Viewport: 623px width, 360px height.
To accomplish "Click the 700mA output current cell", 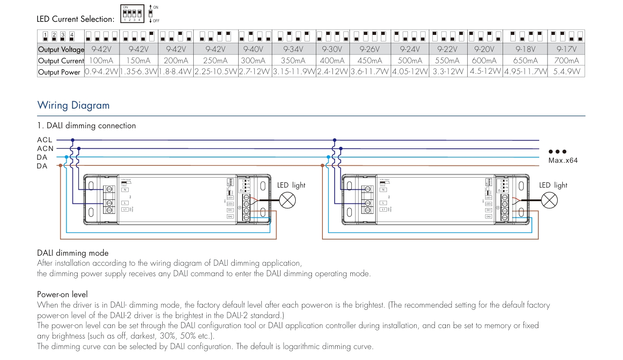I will click(566, 61).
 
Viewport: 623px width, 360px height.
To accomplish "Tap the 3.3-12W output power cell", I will click(448, 72).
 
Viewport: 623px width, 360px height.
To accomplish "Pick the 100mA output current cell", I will click(101, 61).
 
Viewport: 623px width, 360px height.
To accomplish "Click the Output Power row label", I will click(60, 72).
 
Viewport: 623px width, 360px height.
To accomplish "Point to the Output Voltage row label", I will click(61, 49).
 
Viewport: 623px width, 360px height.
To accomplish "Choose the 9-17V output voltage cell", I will click(566, 49).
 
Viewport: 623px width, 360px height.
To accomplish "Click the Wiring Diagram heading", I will click(73, 105).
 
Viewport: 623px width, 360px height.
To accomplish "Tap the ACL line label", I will click(45, 140).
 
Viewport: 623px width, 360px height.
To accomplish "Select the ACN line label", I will click(45, 149).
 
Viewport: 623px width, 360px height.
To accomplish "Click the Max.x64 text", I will click(563, 161).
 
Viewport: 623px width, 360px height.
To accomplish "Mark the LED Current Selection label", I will click(76, 19).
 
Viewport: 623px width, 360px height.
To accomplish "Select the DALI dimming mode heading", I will click(73, 253).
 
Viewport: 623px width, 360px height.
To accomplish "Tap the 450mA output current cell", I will click(370, 61).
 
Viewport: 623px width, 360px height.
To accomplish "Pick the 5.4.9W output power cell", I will click(566, 72).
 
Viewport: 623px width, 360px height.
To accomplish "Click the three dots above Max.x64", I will click(558, 152).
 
